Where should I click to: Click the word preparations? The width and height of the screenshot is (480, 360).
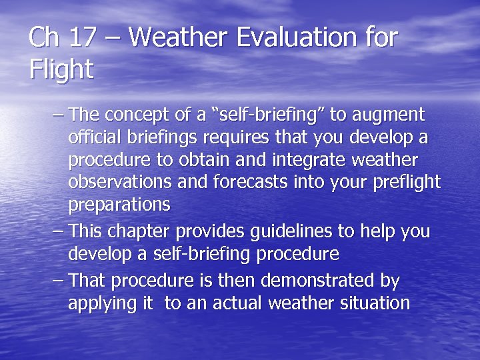pyautogui.click(x=119, y=205)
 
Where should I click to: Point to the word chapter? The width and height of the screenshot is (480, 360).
pyautogui.click(x=145, y=232)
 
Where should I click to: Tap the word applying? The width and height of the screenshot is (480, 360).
pyautogui.click(x=101, y=303)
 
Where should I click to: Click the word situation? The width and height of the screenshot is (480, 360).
pyautogui.click(x=375, y=303)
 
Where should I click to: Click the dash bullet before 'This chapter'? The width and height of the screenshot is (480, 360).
pyautogui.click(x=57, y=232)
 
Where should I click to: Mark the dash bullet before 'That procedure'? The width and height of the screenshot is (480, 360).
pyautogui.click(x=57, y=281)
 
